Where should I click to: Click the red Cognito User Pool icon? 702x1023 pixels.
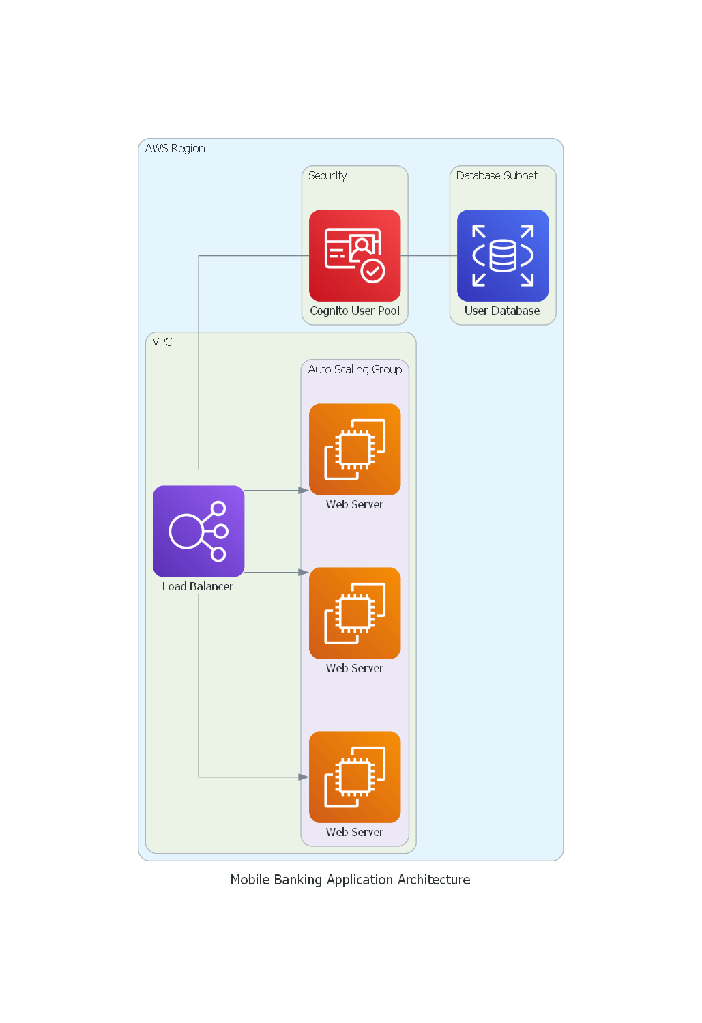(355, 255)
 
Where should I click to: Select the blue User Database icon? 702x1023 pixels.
(503, 255)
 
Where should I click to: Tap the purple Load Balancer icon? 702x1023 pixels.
(199, 531)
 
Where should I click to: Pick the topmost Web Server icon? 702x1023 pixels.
(355, 449)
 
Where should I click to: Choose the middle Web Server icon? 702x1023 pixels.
(355, 613)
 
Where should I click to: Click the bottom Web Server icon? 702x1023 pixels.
(355, 777)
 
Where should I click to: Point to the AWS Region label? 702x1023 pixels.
(175, 148)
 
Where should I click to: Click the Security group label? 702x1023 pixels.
(327, 175)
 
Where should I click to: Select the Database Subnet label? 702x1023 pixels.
(497, 175)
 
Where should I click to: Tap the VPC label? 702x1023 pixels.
(162, 342)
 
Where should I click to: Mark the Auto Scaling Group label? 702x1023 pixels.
(355, 369)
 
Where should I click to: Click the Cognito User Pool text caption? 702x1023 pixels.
(355, 311)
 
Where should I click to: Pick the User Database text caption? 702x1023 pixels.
(502, 311)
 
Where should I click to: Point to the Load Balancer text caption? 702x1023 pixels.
(198, 586)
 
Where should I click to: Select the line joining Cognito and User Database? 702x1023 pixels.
(428, 256)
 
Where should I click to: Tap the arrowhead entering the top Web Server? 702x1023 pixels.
(304, 490)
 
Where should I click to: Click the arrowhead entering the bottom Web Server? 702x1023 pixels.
(304, 777)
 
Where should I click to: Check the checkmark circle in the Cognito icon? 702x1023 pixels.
(372, 271)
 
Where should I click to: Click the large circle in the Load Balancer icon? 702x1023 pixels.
(186, 532)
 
